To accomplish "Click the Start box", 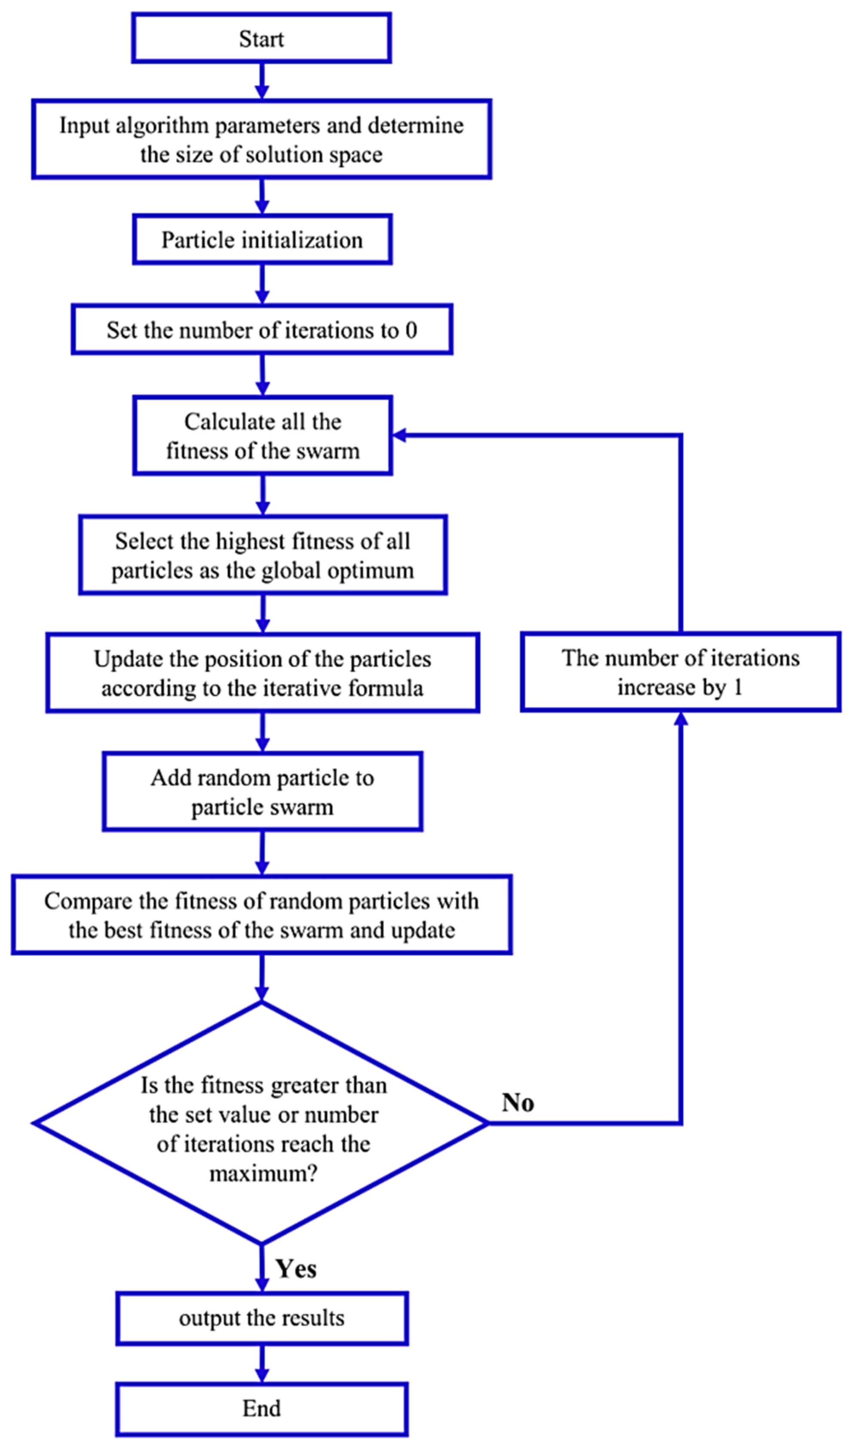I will tap(262, 38).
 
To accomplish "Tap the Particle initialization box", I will tap(262, 239).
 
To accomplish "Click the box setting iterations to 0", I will tap(262, 330).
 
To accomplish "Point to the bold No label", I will tap(518, 1102).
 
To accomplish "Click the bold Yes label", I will tap(296, 1268).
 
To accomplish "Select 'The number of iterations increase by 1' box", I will tap(680, 672).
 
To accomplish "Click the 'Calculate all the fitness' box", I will tap(262, 436).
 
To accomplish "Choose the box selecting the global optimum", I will tap(262, 555).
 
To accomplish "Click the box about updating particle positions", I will tap(262, 673).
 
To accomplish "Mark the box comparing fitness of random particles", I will tap(262, 915).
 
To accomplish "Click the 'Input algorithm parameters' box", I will tap(262, 139).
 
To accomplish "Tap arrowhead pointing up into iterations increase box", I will tap(681, 719).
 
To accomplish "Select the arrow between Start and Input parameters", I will tap(262, 80).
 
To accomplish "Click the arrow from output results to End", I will tap(262, 1364).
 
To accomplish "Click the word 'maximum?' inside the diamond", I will tap(263, 1174).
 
